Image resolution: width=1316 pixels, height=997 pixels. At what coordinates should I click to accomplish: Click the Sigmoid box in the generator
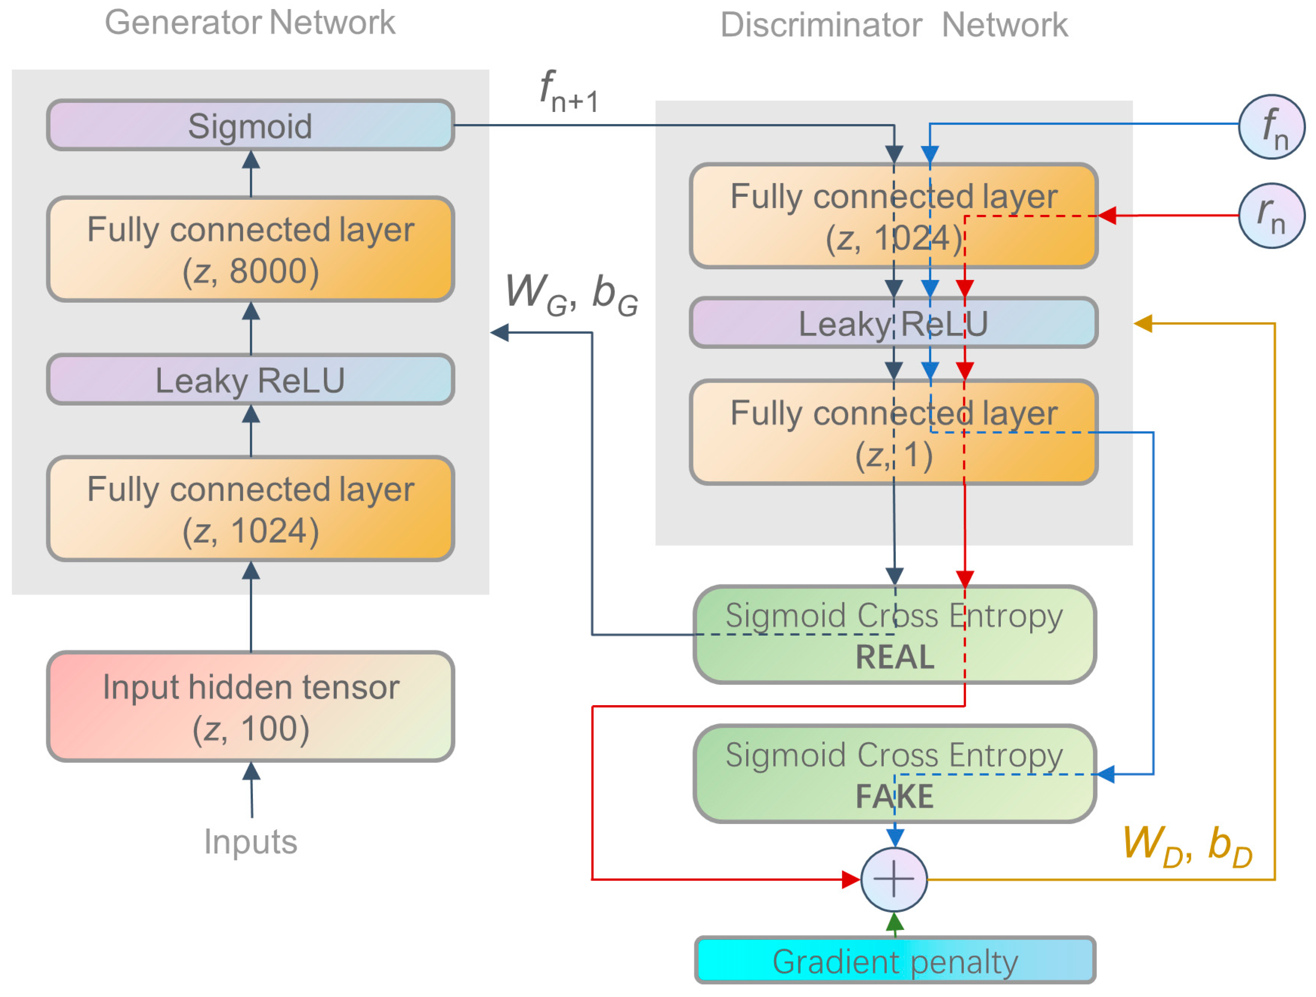[x=250, y=125]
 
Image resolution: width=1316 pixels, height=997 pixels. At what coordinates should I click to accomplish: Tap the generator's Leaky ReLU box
[x=250, y=380]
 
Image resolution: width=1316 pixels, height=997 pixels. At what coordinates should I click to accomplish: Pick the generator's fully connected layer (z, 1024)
[x=250, y=509]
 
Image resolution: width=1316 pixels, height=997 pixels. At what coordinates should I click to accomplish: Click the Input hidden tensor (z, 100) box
[x=250, y=707]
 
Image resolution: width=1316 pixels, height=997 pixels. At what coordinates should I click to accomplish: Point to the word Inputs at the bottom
[x=250, y=842]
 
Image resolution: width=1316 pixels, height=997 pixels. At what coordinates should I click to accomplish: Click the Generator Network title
[x=250, y=22]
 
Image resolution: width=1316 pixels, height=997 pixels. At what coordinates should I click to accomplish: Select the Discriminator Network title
[x=894, y=25]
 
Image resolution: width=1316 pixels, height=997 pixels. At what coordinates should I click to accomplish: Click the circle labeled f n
[x=1271, y=127]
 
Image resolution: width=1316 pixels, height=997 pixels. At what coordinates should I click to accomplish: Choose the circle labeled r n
[x=1271, y=215]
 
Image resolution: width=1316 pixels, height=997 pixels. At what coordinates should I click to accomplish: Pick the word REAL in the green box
[x=894, y=657]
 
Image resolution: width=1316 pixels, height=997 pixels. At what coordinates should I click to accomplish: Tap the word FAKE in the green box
[x=894, y=796]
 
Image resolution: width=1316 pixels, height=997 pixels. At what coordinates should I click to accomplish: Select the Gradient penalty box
[x=895, y=961]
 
